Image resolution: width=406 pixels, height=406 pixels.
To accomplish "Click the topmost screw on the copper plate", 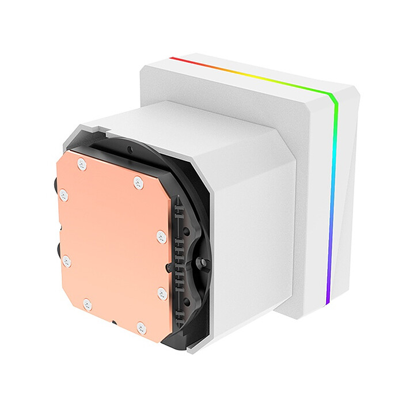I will click(x=82, y=164).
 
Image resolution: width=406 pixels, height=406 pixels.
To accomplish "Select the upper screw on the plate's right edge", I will click(x=161, y=236).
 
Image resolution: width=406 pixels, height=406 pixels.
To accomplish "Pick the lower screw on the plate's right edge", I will click(x=162, y=293).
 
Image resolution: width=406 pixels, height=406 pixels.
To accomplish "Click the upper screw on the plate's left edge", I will click(x=63, y=195).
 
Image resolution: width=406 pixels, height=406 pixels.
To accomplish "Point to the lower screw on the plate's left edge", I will click(x=67, y=261).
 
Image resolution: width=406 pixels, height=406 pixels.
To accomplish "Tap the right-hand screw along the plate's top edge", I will click(x=138, y=183).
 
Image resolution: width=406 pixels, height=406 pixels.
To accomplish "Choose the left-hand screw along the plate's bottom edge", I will click(x=87, y=303).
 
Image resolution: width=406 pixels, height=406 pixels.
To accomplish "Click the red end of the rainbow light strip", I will click(x=173, y=58).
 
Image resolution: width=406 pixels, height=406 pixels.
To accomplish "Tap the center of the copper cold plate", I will click(x=112, y=245).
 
